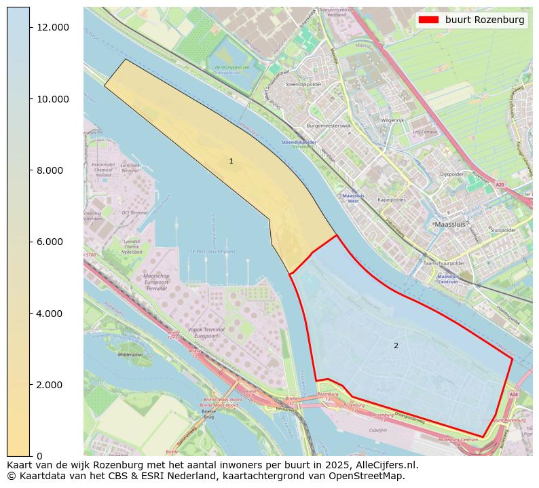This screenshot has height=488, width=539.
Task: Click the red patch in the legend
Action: [x=429, y=20]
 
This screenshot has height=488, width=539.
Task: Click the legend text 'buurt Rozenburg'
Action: [x=485, y=20]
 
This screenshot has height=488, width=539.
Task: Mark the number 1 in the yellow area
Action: [x=231, y=161]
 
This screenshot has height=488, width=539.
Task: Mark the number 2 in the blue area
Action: [x=396, y=345]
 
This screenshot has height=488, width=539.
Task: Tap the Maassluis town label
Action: [x=452, y=223]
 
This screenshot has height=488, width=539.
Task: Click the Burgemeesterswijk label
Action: [x=329, y=126]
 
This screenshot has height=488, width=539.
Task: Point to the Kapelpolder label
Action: [x=392, y=200]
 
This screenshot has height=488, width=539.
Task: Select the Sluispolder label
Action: [x=503, y=230]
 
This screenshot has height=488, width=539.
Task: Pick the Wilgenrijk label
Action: [x=392, y=120]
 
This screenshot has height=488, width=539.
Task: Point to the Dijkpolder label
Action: [x=451, y=174]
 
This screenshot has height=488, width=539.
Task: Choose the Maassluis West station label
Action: [x=353, y=198]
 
